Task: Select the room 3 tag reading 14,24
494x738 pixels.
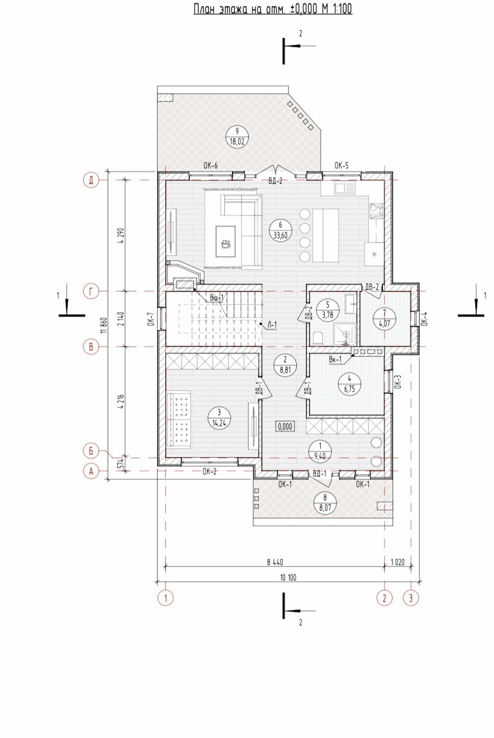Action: (219, 417)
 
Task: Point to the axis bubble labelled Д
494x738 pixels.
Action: (91, 180)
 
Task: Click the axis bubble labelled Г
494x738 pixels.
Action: (91, 291)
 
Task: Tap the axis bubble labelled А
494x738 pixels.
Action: (91, 471)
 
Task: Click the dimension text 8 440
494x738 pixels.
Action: (275, 562)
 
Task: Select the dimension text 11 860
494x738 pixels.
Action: (104, 325)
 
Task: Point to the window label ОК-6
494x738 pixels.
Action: (211, 165)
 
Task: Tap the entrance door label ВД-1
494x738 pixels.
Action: (320, 474)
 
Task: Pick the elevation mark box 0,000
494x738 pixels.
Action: (285, 426)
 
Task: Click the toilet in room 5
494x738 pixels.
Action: (318, 338)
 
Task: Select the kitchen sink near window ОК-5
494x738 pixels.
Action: (345, 189)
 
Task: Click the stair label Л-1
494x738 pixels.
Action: (272, 325)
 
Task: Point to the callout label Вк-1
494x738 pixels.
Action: (335, 360)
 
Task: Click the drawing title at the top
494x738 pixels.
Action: (273, 9)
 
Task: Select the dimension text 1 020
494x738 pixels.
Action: (398, 562)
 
